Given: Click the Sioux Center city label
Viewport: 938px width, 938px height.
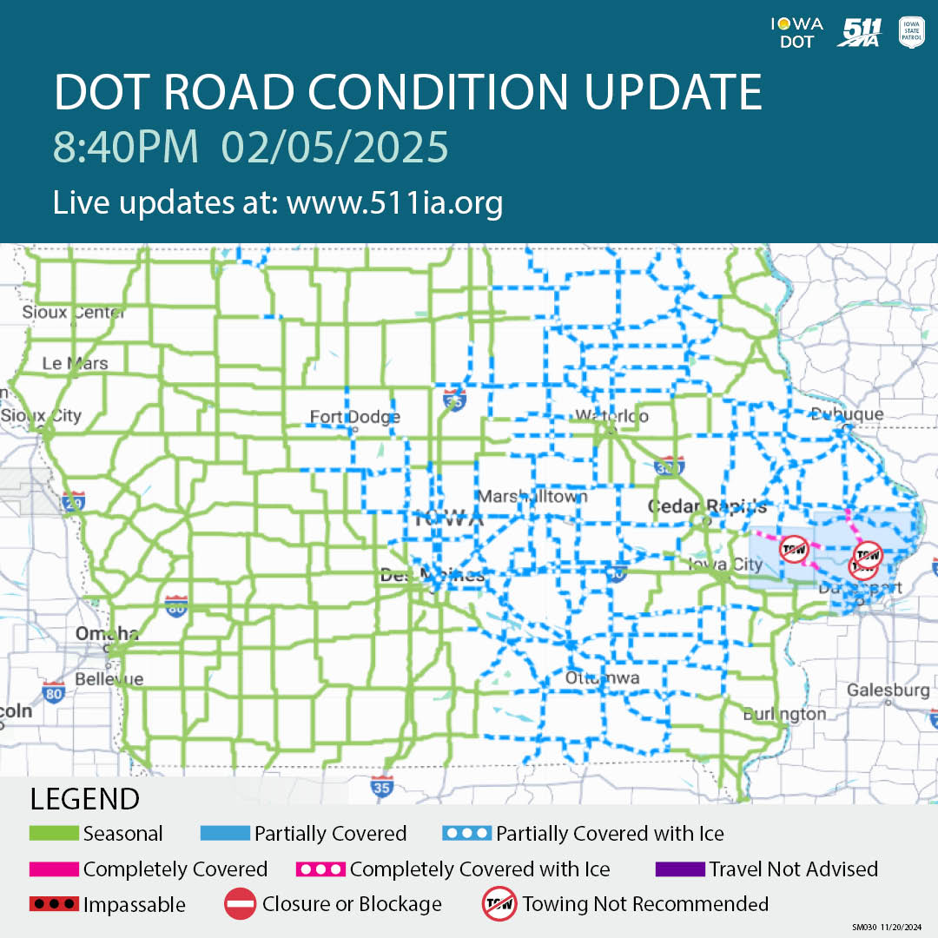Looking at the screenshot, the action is tap(75, 312).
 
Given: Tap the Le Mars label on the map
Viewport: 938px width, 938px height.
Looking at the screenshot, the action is tap(76, 363).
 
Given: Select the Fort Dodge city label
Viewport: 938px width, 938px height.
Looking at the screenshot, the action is tap(355, 418).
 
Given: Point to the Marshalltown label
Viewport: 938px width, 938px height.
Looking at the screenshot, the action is tap(532, 497).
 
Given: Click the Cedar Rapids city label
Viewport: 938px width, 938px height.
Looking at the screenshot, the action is tap(708, 506).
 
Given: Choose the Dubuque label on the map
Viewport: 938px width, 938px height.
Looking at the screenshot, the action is tap(847, 414).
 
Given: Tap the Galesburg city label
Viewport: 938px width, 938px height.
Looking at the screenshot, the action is tap(888, 690).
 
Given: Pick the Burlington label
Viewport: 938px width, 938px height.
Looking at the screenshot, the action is tap(784, 714).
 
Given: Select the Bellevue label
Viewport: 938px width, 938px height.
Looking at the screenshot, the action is tap(109, 679).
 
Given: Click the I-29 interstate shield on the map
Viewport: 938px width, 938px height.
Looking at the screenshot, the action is tap(74, 501).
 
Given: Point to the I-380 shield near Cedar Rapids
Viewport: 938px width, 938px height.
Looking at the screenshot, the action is tap(669, 466).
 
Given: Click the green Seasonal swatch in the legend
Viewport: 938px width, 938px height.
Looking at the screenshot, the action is tap(54, 834).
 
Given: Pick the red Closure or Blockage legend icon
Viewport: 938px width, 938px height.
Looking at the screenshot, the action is tap(240, 904).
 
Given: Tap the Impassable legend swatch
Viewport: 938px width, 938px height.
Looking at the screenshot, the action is tap(54, 904).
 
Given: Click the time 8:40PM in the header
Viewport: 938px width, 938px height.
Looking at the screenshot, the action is tap(126, 147).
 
